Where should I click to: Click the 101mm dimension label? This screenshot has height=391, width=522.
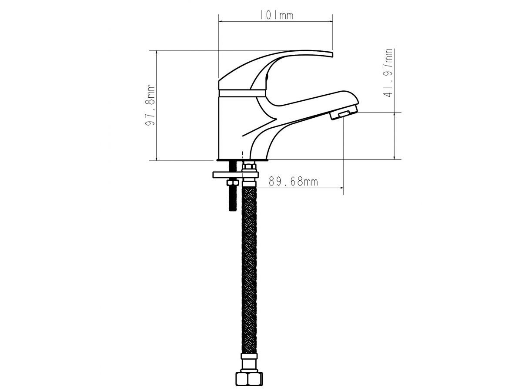[276, 15]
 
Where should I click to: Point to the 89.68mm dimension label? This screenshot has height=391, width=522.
[293, 182]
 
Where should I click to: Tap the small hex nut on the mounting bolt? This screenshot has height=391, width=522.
[232, 183]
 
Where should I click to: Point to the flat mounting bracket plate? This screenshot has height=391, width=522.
[235, 175]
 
